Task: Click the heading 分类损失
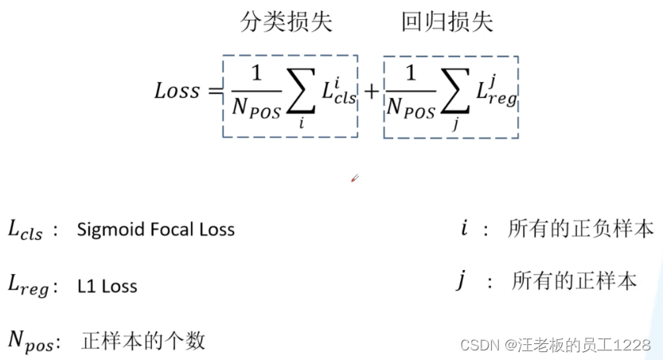(286, 23)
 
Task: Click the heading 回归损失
(447, 23)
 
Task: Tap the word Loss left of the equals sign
(177, 90)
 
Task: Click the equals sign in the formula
(213, 92)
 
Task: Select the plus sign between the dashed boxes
(371, 93)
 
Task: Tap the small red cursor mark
(355, 178)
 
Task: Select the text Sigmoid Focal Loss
(156, 230)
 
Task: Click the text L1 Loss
(107, 286)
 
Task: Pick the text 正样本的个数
(143, 341)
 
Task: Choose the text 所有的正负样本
(581, 230)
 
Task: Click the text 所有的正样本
(574, 280)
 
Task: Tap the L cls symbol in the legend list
(25, 231)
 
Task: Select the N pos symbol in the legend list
(29, 341)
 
